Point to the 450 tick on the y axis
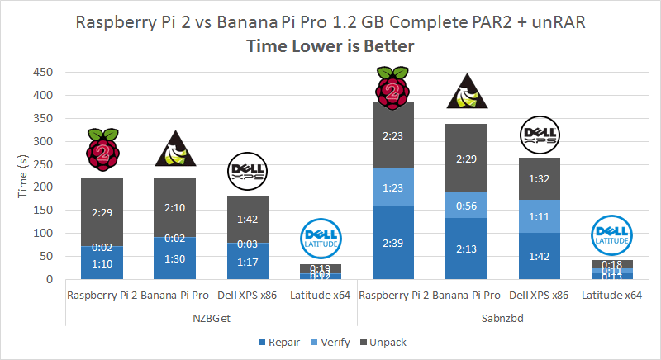43,72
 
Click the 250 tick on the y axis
43,164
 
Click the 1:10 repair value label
102,265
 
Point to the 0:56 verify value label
467,206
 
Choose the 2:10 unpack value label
175,207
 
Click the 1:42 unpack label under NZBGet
248,220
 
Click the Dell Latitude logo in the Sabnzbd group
612,234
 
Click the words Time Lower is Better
330,47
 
